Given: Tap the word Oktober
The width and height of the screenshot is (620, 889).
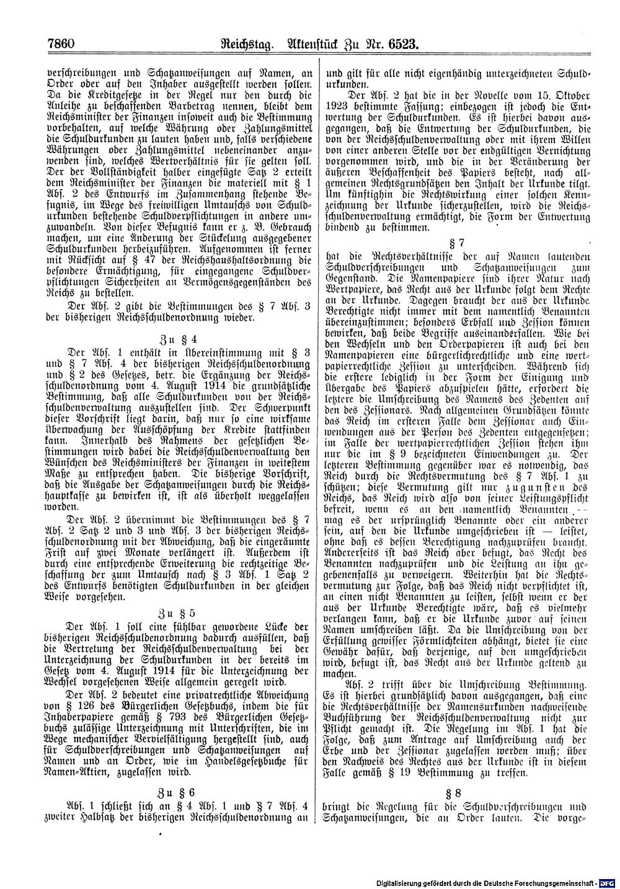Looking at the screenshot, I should [x=565, y=95].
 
